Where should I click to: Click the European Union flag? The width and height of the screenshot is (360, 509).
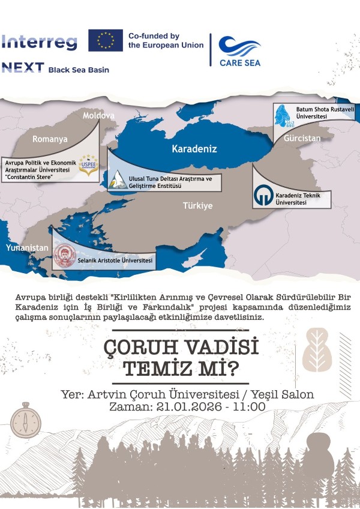105,40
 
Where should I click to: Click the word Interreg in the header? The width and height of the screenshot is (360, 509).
39,42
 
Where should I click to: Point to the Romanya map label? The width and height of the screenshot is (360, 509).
50,139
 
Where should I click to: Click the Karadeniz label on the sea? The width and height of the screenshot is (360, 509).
194,148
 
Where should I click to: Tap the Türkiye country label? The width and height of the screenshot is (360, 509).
198,206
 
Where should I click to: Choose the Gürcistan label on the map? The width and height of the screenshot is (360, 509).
304,138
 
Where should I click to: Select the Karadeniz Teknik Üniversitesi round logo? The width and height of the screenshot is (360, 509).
263,197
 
